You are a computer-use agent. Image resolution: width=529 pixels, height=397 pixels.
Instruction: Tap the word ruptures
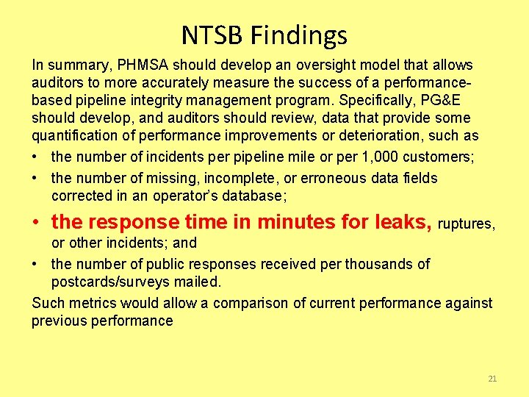pos(467,223)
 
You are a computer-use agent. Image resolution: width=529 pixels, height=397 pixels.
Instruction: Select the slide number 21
pos(492,379)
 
